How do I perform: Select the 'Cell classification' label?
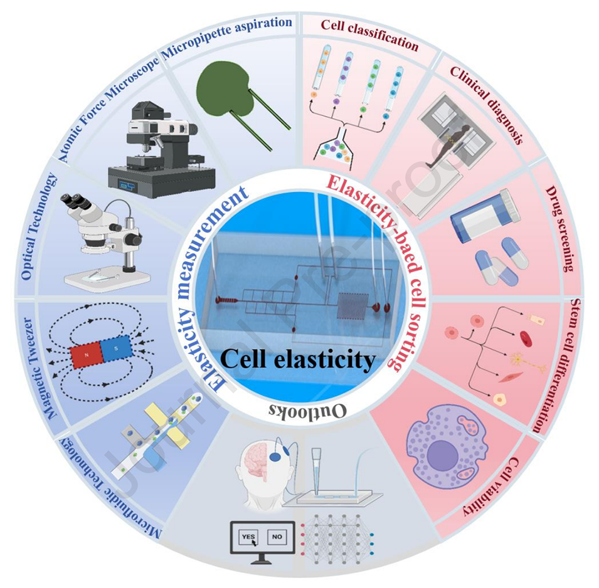coord(369,34)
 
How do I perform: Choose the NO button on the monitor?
coord(276,537)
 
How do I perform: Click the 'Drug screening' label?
coord(559,228)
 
